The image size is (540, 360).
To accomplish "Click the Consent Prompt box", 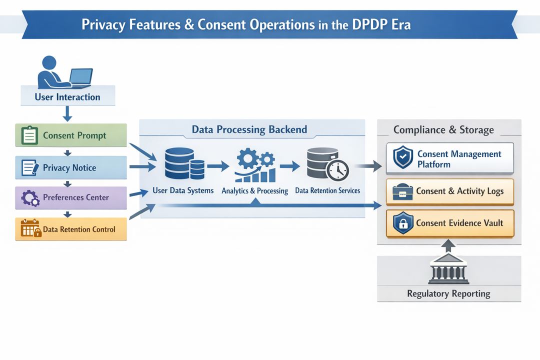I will [70, 135].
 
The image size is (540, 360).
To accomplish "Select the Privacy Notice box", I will [70, 167].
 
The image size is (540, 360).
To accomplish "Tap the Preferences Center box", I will [70, 197].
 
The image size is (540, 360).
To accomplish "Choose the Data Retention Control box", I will [70, 229].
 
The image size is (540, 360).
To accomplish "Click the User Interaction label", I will [67, 97].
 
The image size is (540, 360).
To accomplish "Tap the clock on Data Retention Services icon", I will [337, 170].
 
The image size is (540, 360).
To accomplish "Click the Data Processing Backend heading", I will [249, 130].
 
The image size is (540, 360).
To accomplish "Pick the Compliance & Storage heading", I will [443, 130].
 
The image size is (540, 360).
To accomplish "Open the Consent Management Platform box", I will [450, 158].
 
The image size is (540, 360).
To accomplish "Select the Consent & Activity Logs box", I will [450, 191].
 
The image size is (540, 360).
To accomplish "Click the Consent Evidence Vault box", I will [450, 223].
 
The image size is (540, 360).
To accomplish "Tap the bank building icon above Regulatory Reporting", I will [448, 268].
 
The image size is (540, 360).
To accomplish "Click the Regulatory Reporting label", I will [448, 293].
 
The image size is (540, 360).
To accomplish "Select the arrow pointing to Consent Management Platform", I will [371, 167].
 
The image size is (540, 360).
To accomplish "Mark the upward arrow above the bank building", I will [449, 245].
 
